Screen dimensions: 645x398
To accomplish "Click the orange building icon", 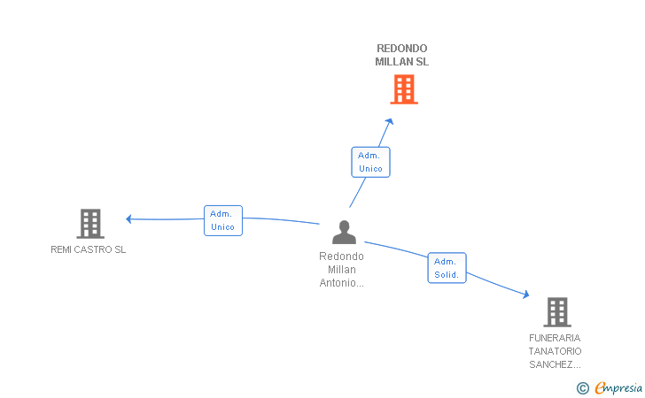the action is [404, 89].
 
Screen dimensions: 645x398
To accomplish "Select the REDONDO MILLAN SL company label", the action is [402, 55].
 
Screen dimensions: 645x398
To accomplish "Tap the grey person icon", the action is [345, 233].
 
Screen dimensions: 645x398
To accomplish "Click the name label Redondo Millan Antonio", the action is [341, 270].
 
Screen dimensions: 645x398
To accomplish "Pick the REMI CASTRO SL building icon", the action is [90, 224].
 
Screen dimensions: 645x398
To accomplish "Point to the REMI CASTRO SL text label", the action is [88, 249].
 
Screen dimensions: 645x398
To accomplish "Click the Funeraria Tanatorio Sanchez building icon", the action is [557, 312].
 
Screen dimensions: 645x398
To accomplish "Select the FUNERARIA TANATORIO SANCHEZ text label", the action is [555, 351].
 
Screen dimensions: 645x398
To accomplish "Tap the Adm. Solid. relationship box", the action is [447, 268].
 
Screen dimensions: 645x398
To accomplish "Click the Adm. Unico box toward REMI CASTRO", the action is [223, 220].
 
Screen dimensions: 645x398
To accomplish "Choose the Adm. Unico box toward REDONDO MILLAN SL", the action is [370, 162].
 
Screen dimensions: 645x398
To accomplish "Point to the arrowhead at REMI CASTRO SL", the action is [128, 219].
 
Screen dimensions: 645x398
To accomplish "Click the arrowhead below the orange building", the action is [390, 121].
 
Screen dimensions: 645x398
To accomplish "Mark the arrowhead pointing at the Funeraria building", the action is [525, 295].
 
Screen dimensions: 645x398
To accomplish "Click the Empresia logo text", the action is [618, 387].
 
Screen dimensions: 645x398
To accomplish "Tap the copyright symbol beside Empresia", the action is [583, 388].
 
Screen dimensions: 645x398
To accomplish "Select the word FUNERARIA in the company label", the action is [555, 338].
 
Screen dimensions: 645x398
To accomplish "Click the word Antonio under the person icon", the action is [341, 283].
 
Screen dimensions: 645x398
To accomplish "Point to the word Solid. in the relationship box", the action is [447, 275].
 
